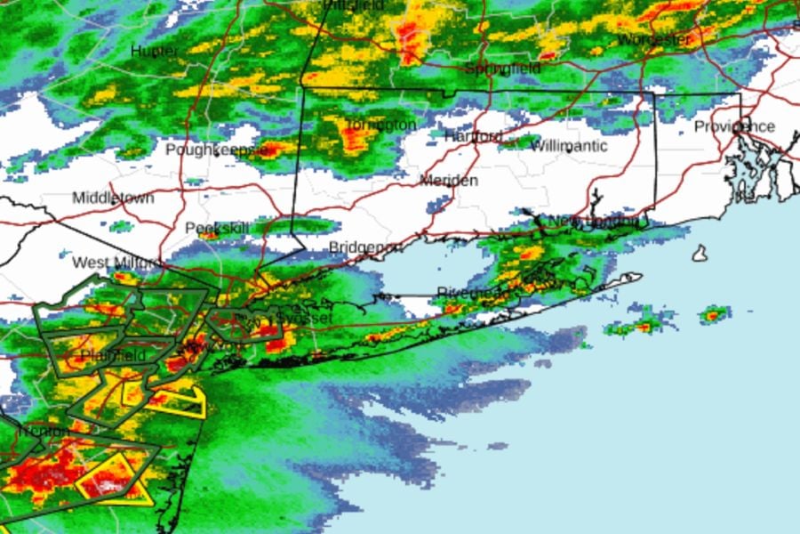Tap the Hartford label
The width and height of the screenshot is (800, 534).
click(473, 137)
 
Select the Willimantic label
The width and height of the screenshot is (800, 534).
click(569, 146)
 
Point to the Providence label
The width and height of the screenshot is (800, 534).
click(734, 126)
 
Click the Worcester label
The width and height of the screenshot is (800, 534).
click(654, 40)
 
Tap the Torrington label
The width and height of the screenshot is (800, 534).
click(380, 125)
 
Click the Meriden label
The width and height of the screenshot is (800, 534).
click(449, 181)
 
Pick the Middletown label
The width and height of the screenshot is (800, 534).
click(113, 198)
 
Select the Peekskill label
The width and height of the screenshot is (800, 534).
click(214, 229)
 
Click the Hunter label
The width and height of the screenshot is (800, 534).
click(155, 51)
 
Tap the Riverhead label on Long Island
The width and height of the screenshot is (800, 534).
click(473, 292)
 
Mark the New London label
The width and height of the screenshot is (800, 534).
click(594, 221)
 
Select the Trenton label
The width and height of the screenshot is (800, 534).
click(40, 432)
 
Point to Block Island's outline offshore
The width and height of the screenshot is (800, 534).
click(700, 254)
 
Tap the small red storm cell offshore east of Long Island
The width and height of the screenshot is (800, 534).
click(713, 314)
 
